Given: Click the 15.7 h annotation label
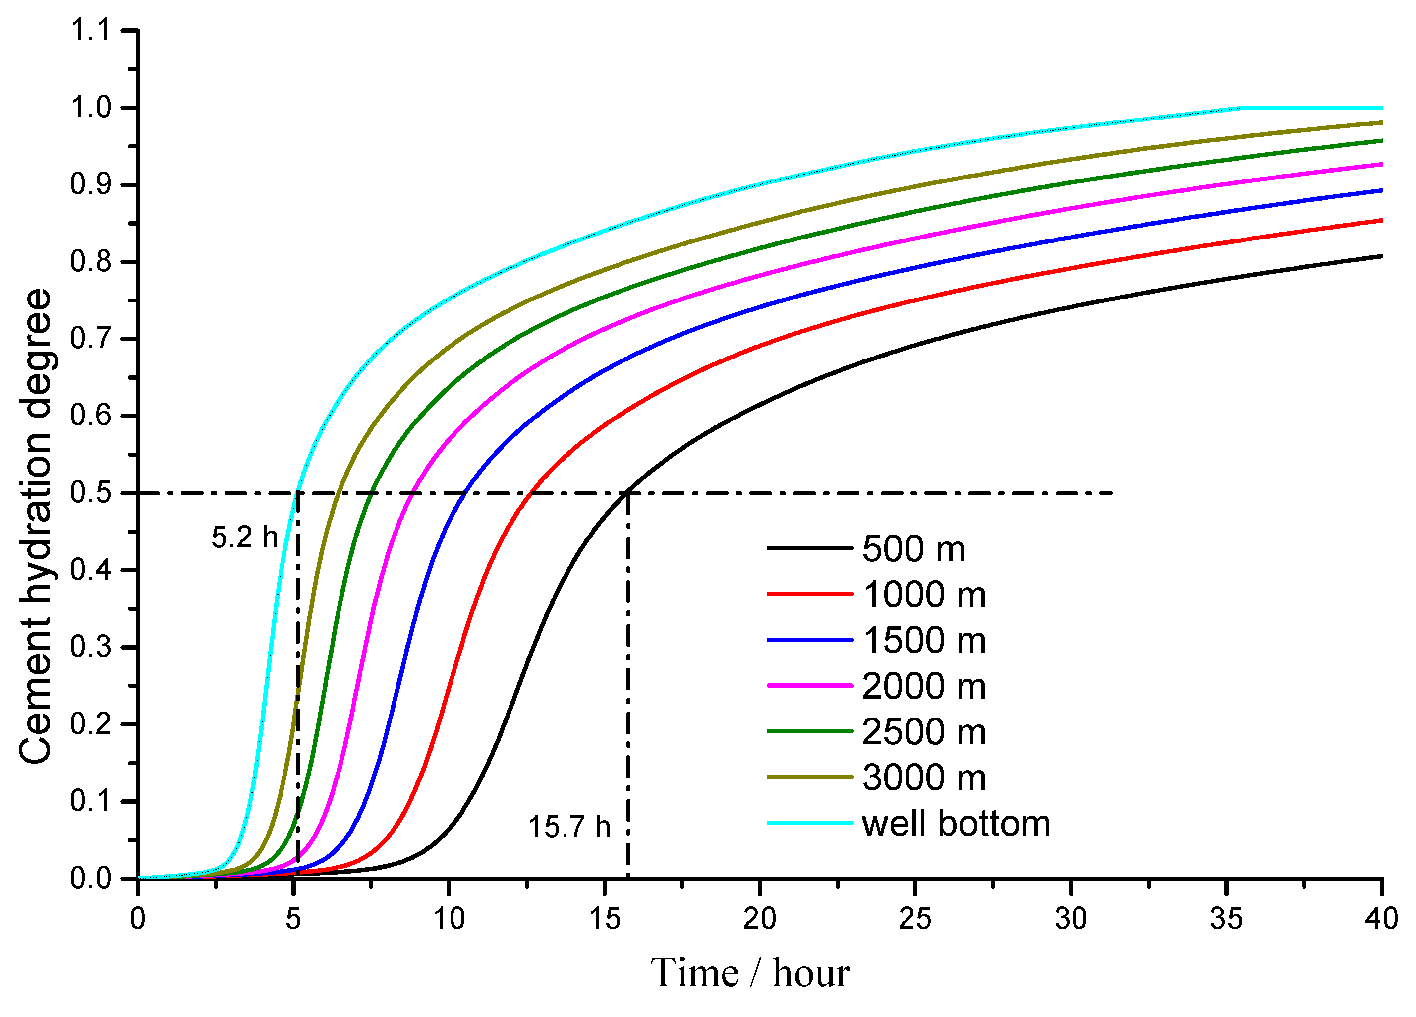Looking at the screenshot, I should pos(569,827).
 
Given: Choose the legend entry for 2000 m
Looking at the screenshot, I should pos(924,687).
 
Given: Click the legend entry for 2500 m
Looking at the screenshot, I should pos(924,732).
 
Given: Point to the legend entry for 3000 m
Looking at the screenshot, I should pos(924,778).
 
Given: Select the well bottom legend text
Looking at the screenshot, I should pos(956,823).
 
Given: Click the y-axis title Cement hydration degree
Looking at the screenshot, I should pos(36,526).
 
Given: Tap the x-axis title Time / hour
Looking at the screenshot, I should pos(750,973).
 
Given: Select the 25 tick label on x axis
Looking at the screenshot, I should pos(915,919).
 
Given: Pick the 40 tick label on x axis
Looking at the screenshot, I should pos(1381,919).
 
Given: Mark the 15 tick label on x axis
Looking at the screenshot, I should pos(604,919).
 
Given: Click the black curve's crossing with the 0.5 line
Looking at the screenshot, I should pos(626,493).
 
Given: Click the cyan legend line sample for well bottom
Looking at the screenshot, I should pos(810,823).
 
